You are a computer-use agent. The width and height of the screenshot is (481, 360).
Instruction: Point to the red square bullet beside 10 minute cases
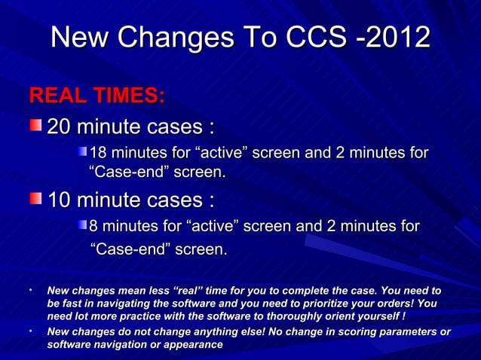click(x=37, y=200)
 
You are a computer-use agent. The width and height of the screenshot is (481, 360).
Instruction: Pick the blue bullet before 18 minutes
click(x=83, y=154)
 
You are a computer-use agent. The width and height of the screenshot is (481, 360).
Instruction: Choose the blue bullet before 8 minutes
click(x=83, y=227)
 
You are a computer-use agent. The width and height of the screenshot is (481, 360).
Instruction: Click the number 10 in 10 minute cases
click(x=62, y=201)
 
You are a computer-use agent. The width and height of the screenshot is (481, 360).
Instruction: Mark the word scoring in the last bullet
click(x=351, y=331)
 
